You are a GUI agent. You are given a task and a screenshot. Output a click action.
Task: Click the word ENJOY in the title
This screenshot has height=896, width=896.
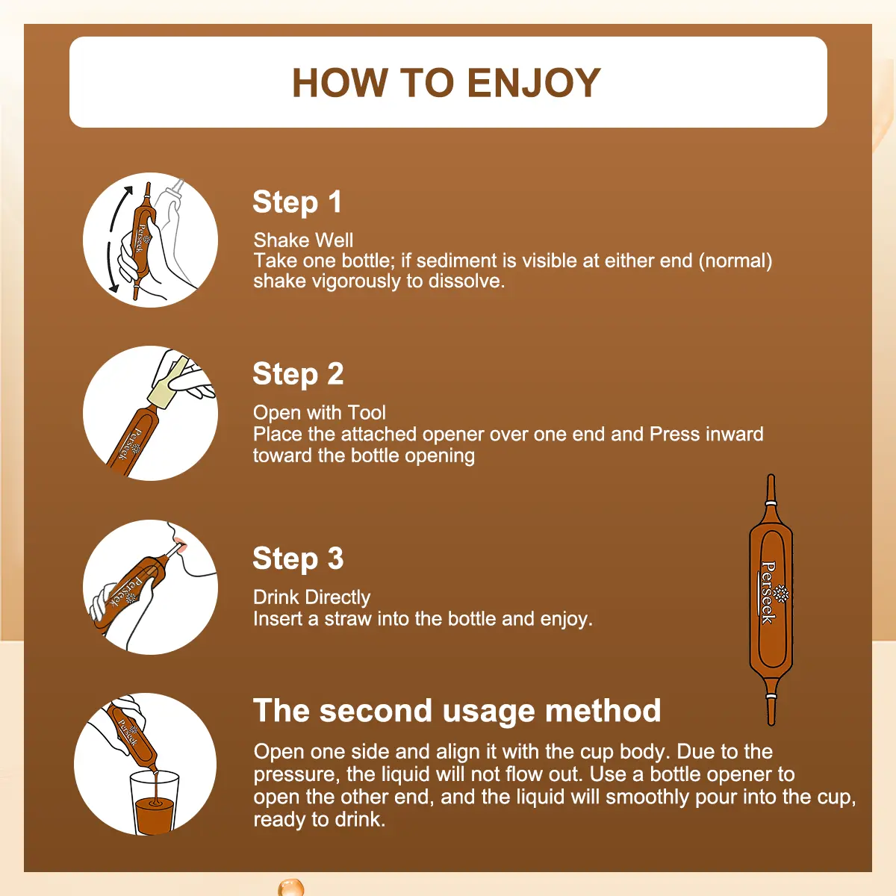pos(534,83)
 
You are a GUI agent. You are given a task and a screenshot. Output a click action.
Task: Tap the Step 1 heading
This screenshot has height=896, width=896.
pos(297,202)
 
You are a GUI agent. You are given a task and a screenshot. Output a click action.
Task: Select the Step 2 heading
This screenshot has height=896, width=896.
pos(298,374)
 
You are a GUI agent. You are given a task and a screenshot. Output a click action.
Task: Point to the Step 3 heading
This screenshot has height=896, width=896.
pos(298,558)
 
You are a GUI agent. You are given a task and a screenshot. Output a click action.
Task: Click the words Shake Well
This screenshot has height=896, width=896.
pos(303,240)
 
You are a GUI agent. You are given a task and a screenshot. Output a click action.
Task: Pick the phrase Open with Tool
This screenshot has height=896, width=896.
pos(320,412)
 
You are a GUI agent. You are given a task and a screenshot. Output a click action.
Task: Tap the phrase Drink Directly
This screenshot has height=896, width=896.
pos(311,598)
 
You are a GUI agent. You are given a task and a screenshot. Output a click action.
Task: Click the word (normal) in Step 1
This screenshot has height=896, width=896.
pos(735,261)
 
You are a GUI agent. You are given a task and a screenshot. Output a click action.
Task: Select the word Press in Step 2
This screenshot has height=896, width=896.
pos(674,434)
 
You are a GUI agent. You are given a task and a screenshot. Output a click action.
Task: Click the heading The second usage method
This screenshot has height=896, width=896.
pos(457,711)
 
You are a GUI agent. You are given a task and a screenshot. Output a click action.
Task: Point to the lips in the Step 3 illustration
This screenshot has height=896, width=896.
pos(181,544)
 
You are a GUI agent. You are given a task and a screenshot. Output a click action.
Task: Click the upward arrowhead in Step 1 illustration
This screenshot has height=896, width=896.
pos(128,190)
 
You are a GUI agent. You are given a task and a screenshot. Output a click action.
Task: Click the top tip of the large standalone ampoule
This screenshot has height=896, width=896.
pos(771,475)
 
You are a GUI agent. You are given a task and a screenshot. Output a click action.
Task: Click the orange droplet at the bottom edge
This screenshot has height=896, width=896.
pos(290,887)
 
